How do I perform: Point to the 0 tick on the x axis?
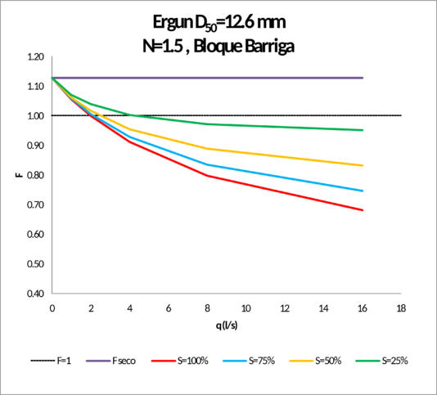point(52,309)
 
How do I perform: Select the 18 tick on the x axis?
point(403,309)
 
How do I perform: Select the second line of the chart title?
point(218,47)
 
